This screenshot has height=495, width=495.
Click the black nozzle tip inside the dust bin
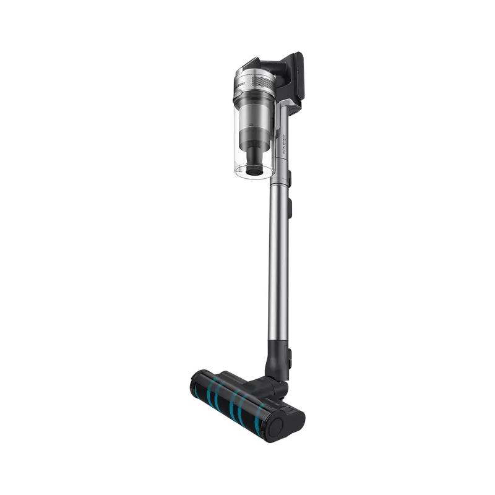[254, 166]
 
